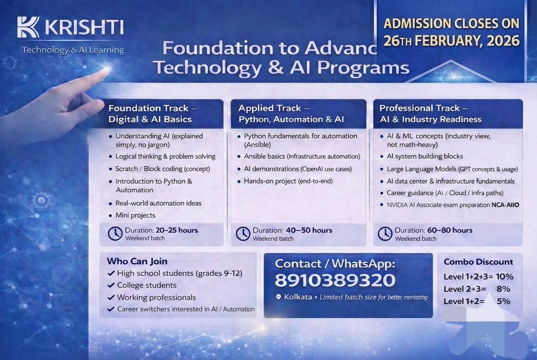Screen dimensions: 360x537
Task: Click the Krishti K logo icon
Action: coord(28,27)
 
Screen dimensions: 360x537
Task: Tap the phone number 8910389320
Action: coord(335,280)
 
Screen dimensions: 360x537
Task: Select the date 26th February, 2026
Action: coord(451,41)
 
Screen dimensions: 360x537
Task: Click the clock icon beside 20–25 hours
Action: coord(115,234)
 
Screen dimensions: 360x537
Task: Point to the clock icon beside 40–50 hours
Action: coord(243,233)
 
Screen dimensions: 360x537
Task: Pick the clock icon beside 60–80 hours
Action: coord(385,233)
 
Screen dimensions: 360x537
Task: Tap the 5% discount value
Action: coord(503,301)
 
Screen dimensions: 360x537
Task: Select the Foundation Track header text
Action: coord(153,114)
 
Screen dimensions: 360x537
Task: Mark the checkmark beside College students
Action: coord(111,285)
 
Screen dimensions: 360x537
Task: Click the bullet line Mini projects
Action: coord(135,215)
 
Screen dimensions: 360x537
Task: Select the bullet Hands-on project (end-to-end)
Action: coord(288,181)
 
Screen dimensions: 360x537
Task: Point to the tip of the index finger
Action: coord(106,71)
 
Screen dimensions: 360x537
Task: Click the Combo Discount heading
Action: coord(478,262)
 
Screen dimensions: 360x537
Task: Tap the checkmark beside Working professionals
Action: coord(111,297)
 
